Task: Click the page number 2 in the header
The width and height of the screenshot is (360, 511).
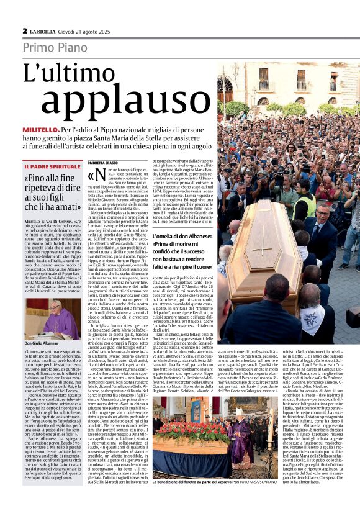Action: coord(25,30)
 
